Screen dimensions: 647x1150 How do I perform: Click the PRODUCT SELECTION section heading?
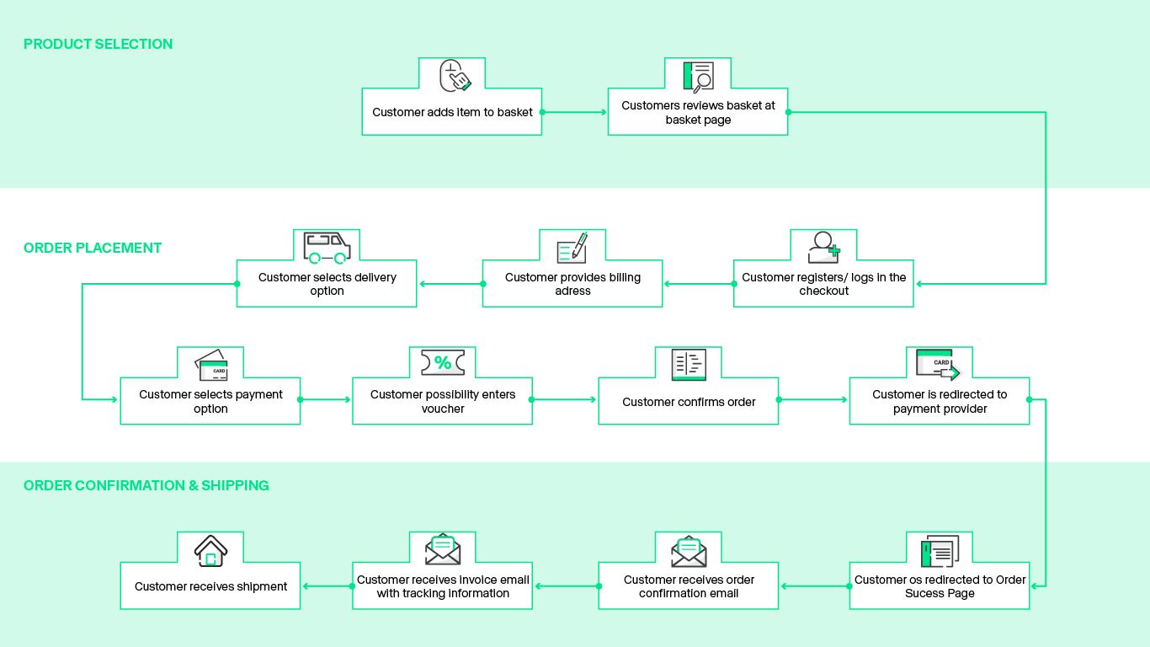(98, 44)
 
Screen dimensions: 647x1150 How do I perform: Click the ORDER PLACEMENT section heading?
(93, 248)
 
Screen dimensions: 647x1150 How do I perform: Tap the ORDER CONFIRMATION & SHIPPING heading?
(146, 485)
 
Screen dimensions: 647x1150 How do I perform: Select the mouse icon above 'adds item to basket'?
(455, 76)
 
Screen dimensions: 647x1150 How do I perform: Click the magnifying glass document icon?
(698, 76)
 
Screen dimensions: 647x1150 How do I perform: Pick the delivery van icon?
(327, 247)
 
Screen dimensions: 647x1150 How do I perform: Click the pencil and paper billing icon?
(572, 249)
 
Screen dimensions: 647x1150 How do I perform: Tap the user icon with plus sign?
(823, 248)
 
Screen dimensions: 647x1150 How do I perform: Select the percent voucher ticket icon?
(443, 363)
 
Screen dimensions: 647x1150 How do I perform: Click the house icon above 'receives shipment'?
(210, 551)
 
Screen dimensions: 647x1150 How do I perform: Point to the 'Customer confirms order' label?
(689, 402)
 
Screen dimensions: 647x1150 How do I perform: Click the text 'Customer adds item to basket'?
(452, 112)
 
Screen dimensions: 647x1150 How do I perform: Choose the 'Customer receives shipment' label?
(211, 586)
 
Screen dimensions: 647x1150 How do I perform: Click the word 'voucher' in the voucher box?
(443, 409)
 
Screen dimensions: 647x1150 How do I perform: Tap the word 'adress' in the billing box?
(572, 291)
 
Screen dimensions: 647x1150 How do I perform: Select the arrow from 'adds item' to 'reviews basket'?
(575, 112)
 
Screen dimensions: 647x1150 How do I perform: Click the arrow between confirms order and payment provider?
(813, 399)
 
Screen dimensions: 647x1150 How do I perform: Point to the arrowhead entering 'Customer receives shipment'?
(306, 586)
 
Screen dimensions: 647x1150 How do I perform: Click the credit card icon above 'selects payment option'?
(211, 365)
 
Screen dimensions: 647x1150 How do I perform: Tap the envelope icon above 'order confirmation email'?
(689, 551)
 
